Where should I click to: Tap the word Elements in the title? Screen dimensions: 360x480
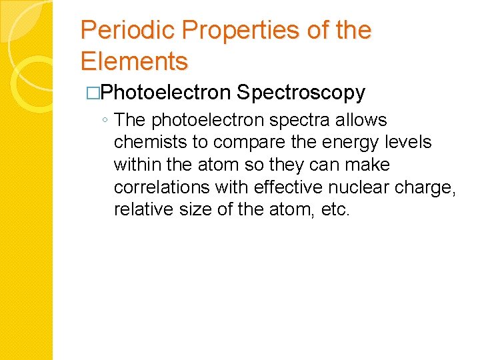(x=134, y=62)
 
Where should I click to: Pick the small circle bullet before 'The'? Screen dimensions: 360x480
(x=105, y=121)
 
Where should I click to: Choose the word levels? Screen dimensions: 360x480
(x=410, y=143)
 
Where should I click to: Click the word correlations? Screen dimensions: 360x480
(x=159, y=187)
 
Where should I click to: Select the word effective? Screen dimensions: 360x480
(x=280, y=187)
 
